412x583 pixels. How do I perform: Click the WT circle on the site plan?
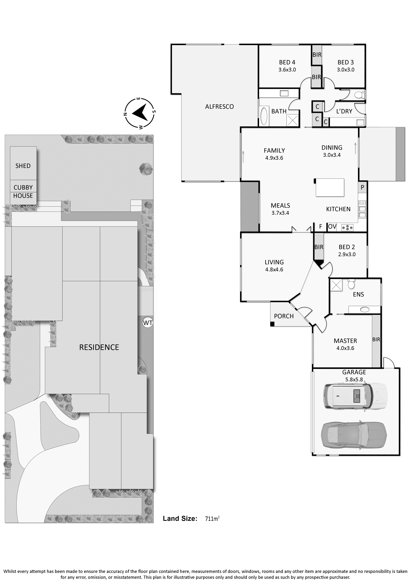[x=148, y=323]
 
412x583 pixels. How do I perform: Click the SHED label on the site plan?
[x=23, y=166]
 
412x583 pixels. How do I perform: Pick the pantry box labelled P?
[x=363, y=187]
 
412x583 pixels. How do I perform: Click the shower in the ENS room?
[x=336, y=285]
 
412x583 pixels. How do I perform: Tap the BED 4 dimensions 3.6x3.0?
[x=287, y=70]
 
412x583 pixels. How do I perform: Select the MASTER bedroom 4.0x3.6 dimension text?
[x=345, y=348]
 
